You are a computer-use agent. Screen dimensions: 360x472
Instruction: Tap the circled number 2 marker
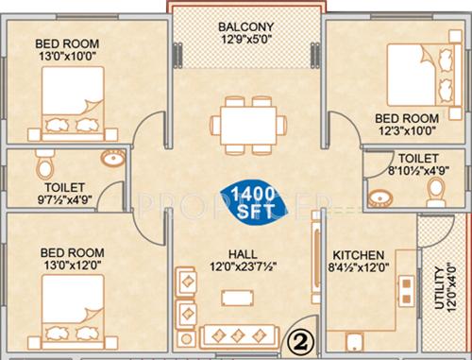[298, 337]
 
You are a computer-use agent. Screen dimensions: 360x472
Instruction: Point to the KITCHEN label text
[357, 256]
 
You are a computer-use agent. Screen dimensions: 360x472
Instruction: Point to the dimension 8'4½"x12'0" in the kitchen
[358, 270]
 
